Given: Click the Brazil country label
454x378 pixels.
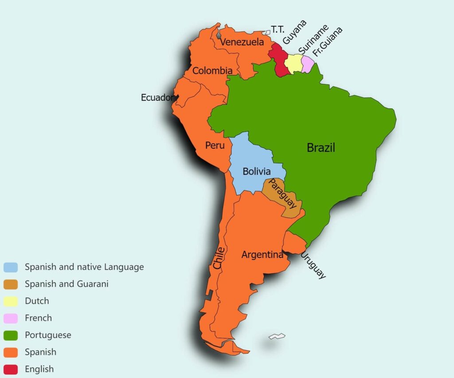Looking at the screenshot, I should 321,148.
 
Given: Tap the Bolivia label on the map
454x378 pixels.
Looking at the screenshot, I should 256,171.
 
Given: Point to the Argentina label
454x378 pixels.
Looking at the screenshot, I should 262,255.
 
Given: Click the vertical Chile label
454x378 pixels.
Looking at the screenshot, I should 219,257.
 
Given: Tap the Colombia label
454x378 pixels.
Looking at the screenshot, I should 212,71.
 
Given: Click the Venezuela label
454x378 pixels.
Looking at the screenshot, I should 242,43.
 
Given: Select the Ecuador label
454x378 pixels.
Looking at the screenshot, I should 157,98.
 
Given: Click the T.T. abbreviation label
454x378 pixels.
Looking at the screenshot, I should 278,30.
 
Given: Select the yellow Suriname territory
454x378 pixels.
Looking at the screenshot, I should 293,64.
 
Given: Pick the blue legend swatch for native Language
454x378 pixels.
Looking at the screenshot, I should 11,267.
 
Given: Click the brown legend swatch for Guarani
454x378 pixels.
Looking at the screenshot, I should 11,284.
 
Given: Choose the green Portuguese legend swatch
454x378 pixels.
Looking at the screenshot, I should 11,335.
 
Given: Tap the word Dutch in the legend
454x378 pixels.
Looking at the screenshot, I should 37,301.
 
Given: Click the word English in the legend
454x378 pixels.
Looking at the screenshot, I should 39,369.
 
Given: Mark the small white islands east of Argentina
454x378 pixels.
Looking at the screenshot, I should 277,337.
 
